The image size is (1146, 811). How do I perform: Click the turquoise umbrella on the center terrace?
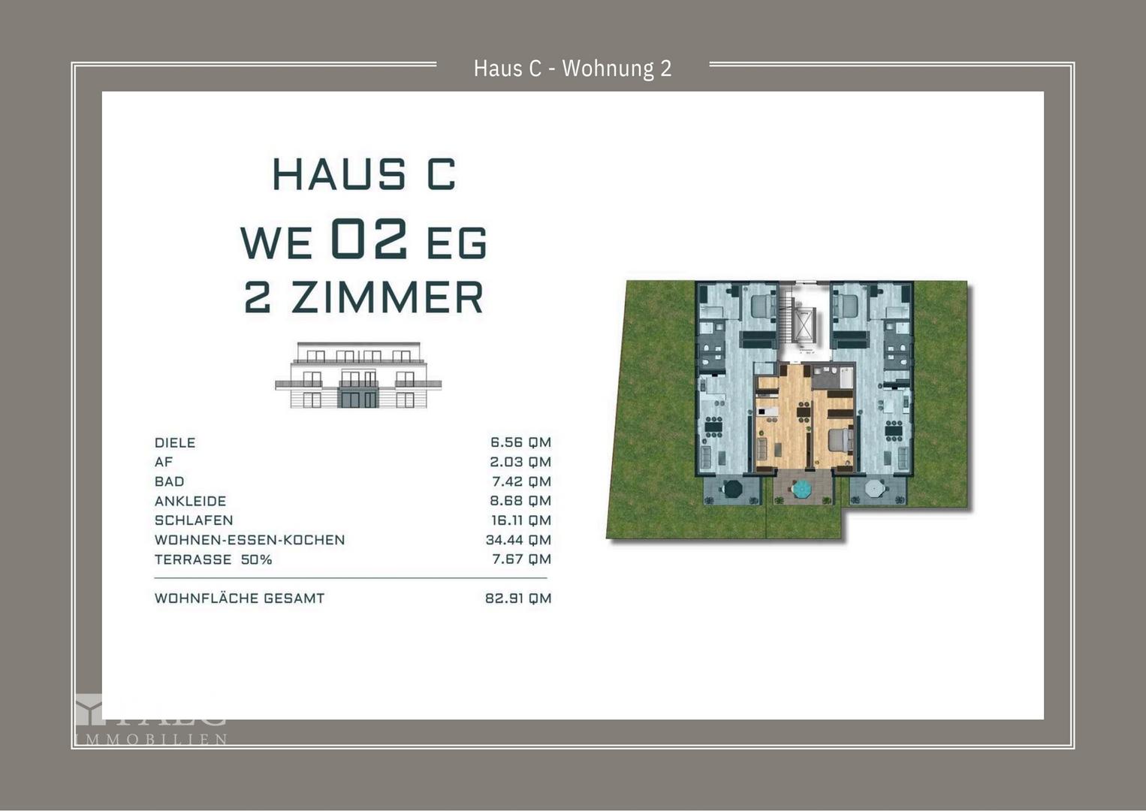pyautogui.click(x=803, y=490)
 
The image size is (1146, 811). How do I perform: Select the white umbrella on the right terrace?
pyautogui.click(x=874, y=489)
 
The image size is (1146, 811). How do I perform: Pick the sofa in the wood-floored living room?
pyautogui.click(x=761, y=451)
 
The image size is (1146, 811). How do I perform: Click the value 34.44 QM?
pyautogui.click(x=518, y=540)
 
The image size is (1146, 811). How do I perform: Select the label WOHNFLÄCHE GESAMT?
pyautogui.click(x=240, y=598)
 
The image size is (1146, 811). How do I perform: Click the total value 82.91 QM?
pyautogui.click(x=518, y=598)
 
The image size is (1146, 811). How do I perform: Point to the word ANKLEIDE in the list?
pyautogui.click(x=190, y=501)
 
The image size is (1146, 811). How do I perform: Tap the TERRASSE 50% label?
pyautogui.click(x=213, y=559)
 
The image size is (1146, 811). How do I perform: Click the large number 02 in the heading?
pyautogui.click(x=369, y=240)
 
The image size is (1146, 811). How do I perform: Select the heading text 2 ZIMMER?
pyautogui.click(x=364, y=297)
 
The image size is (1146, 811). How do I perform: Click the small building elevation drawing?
pyautogui.click(x=358, y=375)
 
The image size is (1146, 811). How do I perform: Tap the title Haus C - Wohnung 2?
pyautogui.click(x=572, y=68)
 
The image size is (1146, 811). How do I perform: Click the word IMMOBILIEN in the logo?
pyautogui.click(x=151, y=740)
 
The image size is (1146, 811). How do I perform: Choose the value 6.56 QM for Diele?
pyautogui.click(x=520, y=442)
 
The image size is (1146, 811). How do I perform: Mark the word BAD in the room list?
pyautogui.click(x=169, y=481)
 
